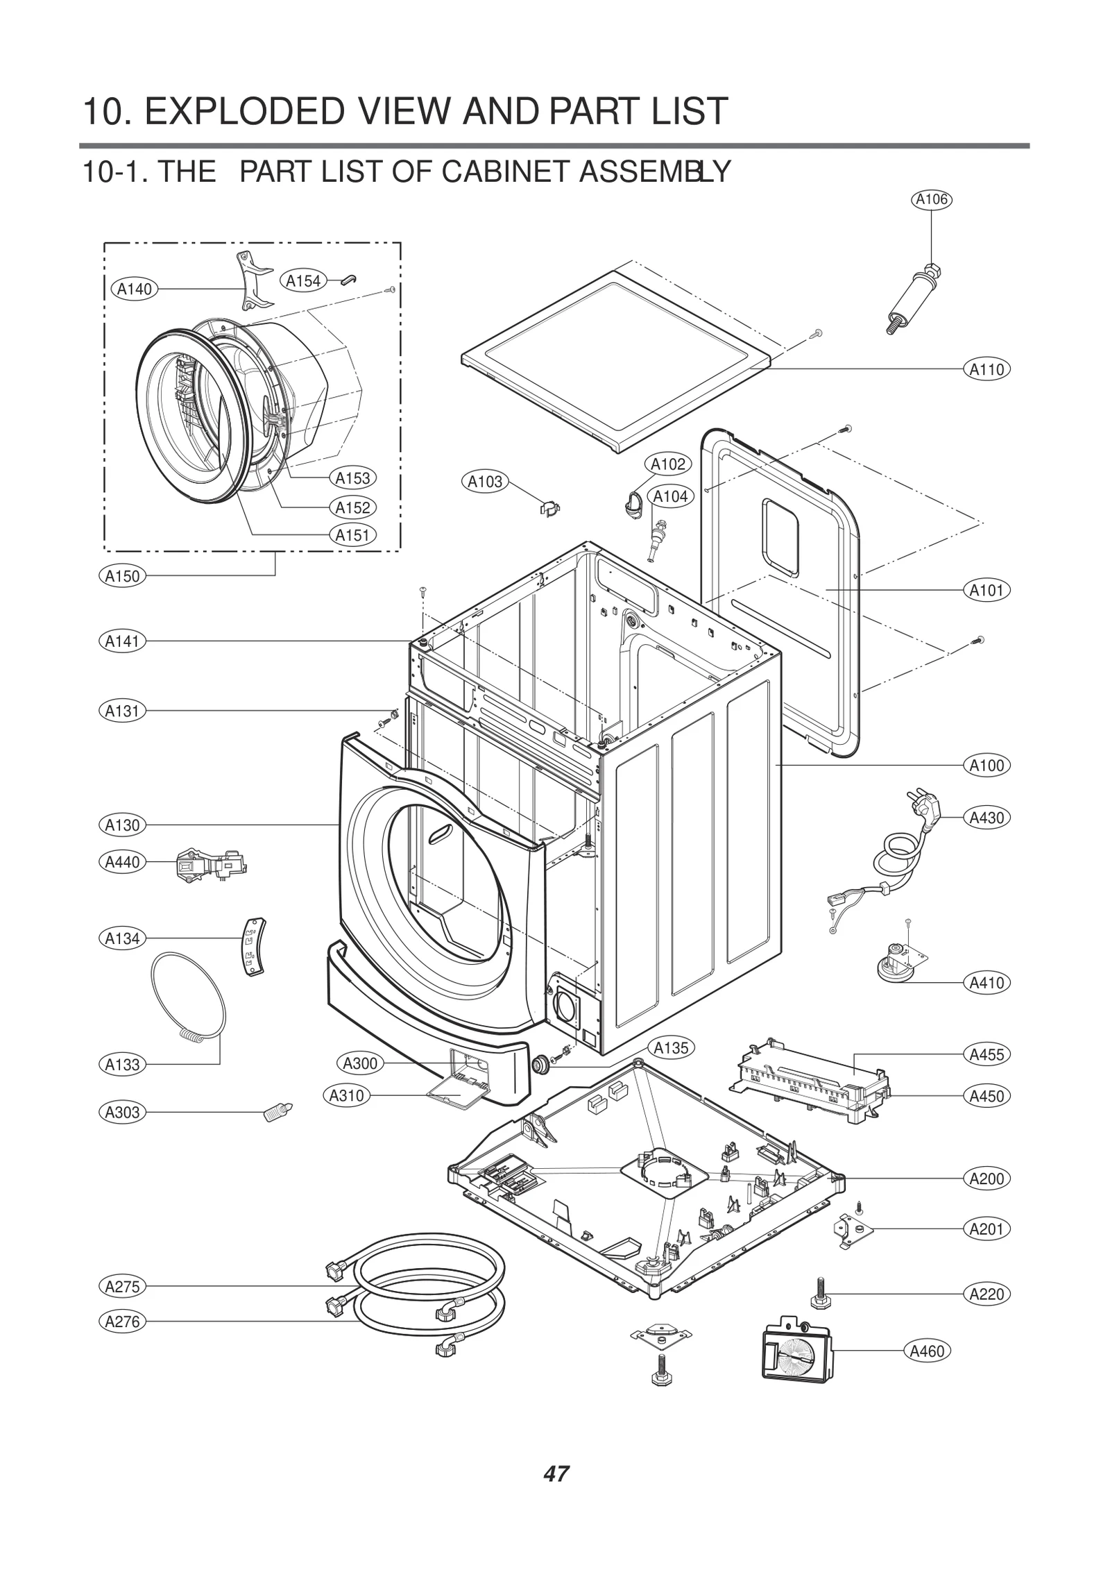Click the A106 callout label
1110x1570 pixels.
coord(931,200)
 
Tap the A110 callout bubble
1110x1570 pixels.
coord(987,369)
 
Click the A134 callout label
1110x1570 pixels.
coord(122,938)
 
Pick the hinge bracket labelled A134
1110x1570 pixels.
coord(253,947)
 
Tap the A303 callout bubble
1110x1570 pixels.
coord(122,1112)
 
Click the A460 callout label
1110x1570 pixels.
coord(927,1351)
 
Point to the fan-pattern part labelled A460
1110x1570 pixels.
coord(796,1348)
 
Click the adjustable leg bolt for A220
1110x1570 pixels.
coord(820,1292)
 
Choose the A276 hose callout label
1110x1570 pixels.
coord(122,1321)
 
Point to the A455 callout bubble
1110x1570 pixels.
coord(987,1054)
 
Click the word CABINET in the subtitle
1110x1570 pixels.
coord(506,171)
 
